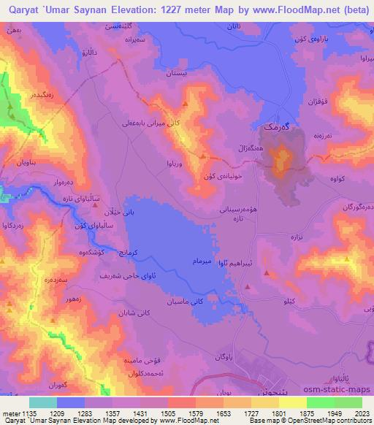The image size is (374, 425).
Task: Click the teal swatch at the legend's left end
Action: tap(43, 402)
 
